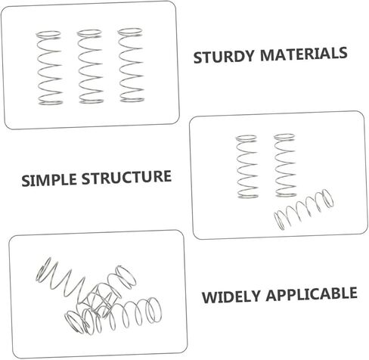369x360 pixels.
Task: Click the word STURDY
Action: (x=223, y=57)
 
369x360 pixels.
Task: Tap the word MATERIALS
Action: (x=303, y=54)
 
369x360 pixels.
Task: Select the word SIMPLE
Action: (x=49, y=180)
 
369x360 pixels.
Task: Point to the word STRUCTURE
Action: (x=126, y=177)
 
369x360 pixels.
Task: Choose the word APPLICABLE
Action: (x=312, y=293)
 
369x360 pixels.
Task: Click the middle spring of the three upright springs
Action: (x=90, y=67)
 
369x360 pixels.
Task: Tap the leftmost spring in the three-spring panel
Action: (x=49, y=67)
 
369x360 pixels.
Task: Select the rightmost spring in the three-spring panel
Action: (x=131, y=65)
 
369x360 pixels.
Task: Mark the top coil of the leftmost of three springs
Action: (x=48, y=35)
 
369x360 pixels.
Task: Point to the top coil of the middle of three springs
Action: (x=89, y=33)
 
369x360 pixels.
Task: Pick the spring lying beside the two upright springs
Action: (x=303, y=209)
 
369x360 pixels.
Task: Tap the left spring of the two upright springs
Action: (x=247, y=166)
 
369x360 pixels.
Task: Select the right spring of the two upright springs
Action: (x=285, y=165)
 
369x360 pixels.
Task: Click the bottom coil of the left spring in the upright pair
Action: (x=248, y=195)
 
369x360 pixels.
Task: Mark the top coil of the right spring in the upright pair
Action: (x=284, y=138)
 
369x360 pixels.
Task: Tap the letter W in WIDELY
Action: (x=209, y=298)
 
